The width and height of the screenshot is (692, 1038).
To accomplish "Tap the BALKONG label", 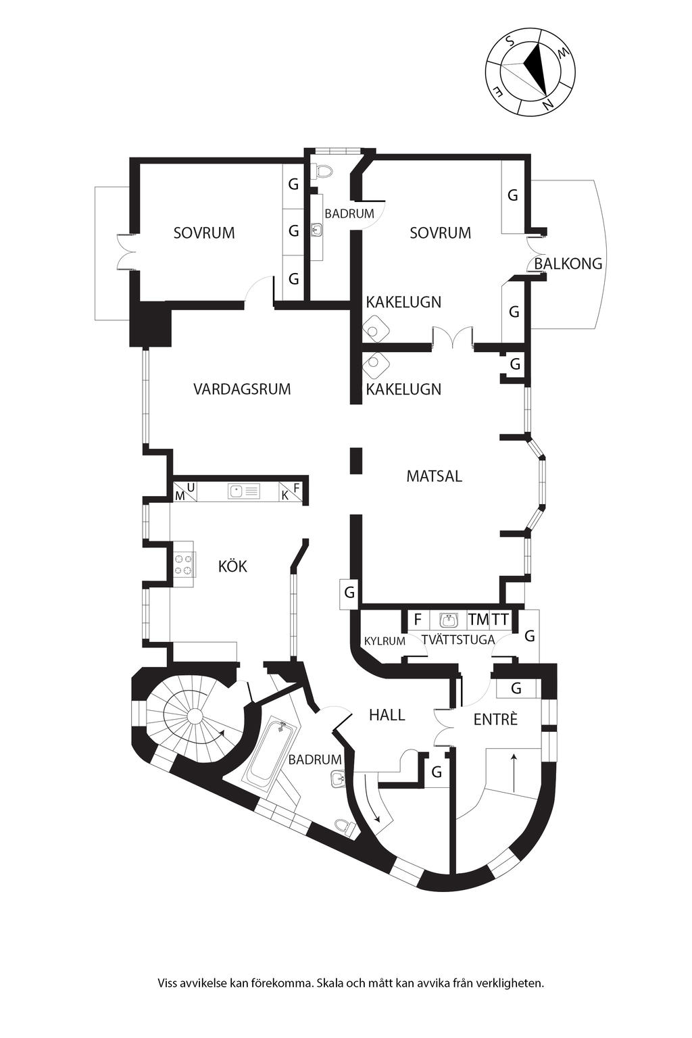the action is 568,264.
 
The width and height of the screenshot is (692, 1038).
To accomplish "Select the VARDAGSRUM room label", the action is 242,389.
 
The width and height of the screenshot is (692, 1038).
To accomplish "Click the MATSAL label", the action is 434,476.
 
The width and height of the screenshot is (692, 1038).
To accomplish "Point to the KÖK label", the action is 232,566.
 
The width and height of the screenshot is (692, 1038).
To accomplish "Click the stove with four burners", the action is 183,564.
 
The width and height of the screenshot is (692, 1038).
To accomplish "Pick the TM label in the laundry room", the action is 478,619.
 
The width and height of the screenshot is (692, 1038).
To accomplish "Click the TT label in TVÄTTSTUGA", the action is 500,619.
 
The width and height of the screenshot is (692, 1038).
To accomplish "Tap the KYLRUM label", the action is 385,641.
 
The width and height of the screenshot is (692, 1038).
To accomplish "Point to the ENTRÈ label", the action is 495,720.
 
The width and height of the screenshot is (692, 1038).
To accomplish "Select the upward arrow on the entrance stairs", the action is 514,770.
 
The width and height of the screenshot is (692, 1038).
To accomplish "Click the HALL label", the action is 387,714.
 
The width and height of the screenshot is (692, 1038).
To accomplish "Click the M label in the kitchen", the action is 180,496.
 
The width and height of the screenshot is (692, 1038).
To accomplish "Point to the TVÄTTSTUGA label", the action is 458,640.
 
